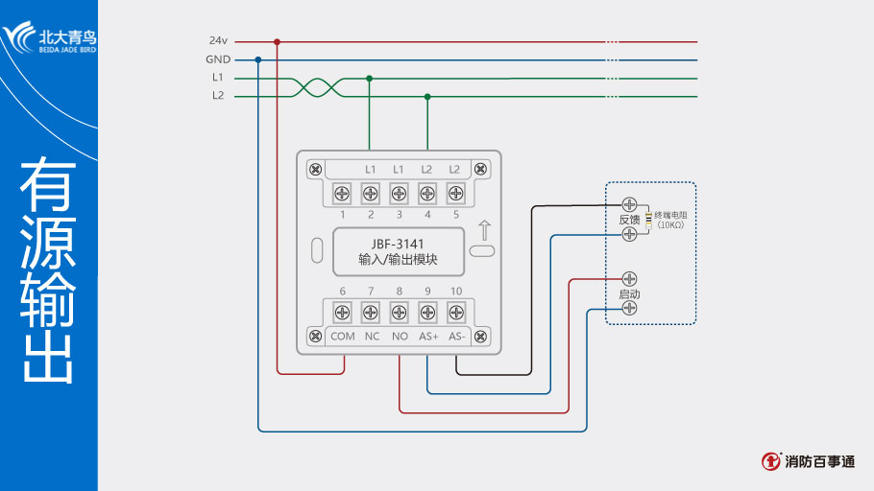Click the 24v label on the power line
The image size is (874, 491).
coord(218,41)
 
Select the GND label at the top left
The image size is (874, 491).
coord(218,59)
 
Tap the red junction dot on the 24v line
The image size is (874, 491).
coord(278,41)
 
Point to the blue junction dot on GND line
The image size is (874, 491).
coord(258,59)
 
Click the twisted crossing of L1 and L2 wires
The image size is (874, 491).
coord(317,87)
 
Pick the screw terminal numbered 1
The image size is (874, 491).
coord(342,194)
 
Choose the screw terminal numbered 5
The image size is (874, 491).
coord(456,194)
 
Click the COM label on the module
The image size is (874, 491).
coord(343,337)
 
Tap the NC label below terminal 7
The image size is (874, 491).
coord(372,337)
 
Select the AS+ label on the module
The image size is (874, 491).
coord(428,337)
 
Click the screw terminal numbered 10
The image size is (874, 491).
coord(456,312)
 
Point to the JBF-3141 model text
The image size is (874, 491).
coord(398,244)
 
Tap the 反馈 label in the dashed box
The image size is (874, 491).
coord(629,220)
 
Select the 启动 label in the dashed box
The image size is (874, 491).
coord(629,294)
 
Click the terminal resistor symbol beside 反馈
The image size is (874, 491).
coord(648,220)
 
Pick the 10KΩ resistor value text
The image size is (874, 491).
coord(671,224)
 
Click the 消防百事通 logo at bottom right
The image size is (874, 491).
coord(809,461)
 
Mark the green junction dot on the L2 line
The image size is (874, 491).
coord(427,96)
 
